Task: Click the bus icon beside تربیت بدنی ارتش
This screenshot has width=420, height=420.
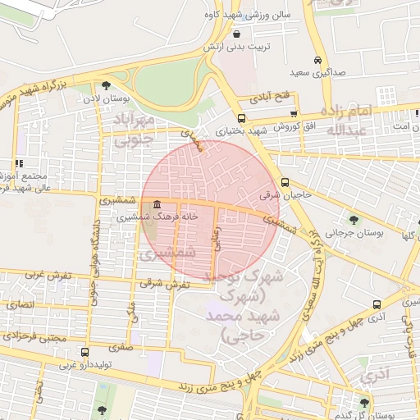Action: pyautogui.click(x=238, y=34)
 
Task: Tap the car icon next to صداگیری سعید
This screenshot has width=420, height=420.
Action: pyautogui.click(x=317, y=60)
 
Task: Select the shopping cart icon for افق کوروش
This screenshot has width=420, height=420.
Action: pyautogui.click(x=293, y=113)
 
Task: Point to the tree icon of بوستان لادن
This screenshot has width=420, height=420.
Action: pyautogui.click(x=106, y=86)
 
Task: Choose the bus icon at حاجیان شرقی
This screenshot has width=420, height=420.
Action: pyautogui.click(x=285, y=182)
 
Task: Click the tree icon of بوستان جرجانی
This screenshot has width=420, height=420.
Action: pyautogui.click(x=354, y=219)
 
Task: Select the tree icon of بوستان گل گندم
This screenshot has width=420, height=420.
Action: pyautogui.click(x=364, y=402)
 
